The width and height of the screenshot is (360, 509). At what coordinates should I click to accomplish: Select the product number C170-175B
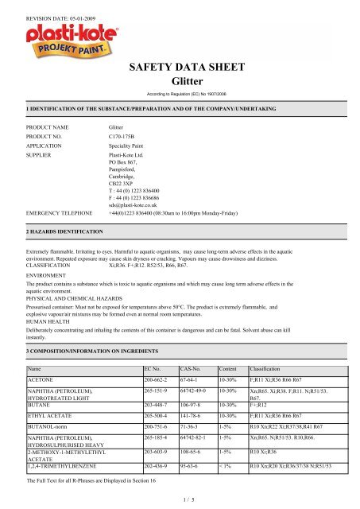pyautogui.click(x=126, y=137)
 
